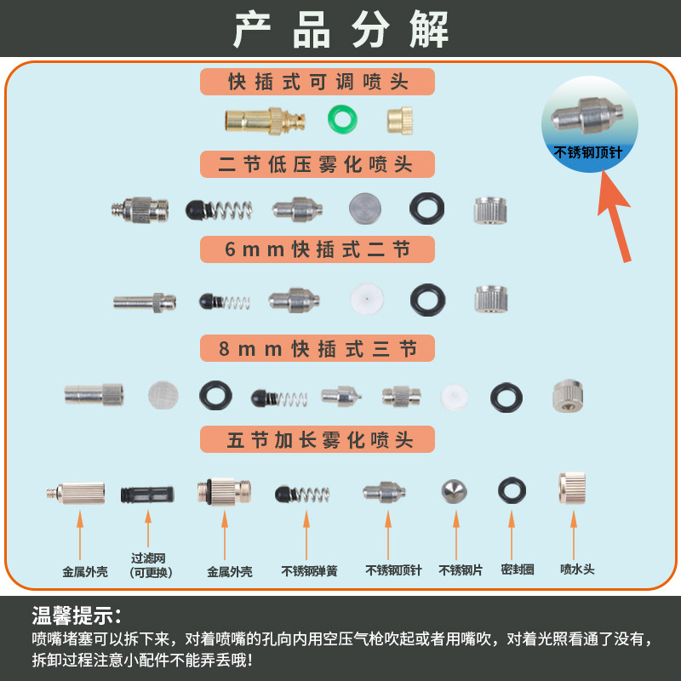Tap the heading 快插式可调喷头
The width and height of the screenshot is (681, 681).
point(318,82)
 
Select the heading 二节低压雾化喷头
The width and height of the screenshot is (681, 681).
point(318,164)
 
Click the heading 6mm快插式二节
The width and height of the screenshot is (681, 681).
point(318,249)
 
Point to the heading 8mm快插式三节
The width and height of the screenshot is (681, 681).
point(318,348)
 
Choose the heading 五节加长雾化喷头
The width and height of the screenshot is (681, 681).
point(318,439)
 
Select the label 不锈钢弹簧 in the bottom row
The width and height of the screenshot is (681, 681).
point(309,571)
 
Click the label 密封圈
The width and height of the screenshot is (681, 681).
point(517,569)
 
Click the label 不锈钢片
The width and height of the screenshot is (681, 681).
point(461,570)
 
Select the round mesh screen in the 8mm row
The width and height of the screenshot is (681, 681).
point(164,393)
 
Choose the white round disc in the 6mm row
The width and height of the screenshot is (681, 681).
point(366,297)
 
